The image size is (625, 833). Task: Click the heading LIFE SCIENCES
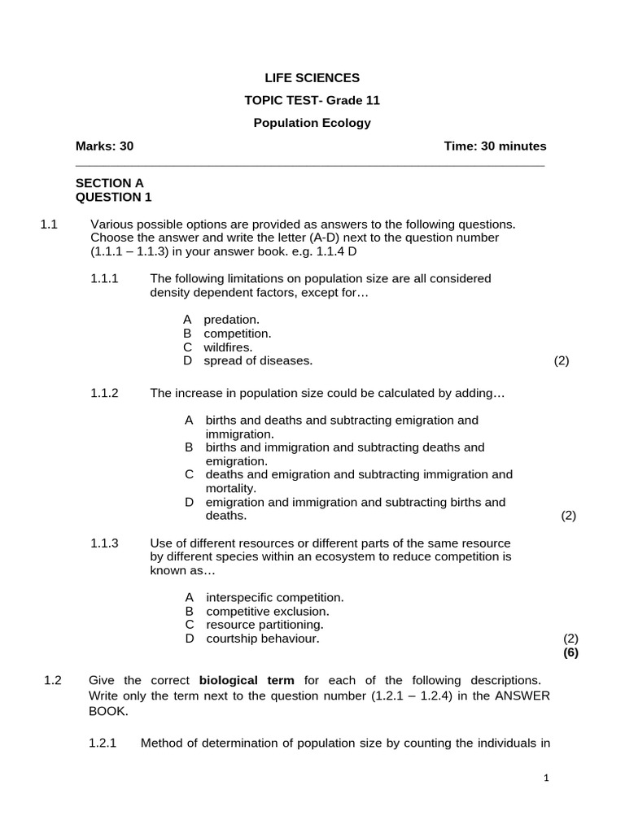[x=312, y=78]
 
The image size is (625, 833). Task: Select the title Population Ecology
[x=312, y=123]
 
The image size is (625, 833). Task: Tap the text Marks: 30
[x=104, y=146]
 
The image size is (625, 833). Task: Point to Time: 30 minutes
[x=495, y=146]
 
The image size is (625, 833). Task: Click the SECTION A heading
[x=109, y=184]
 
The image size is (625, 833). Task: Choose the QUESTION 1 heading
[x=113, y=197]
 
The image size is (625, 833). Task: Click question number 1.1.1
[x=104, y=279]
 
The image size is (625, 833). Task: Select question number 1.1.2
[x=104, y=394]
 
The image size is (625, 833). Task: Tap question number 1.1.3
[x=104, y=543]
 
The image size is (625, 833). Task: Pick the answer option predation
[x=231, y=320]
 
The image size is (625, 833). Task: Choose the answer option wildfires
[x=228, y=347]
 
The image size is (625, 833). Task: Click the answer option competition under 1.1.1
[x=237, y=334]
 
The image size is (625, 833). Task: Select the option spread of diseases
[x=257, y=361]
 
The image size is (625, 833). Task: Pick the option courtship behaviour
[x=262, y=639]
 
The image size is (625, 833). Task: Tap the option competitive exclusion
[x=267, y=611]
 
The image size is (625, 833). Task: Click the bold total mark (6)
[x=570, y=652]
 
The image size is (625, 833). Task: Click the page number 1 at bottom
[x=547, y=778]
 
